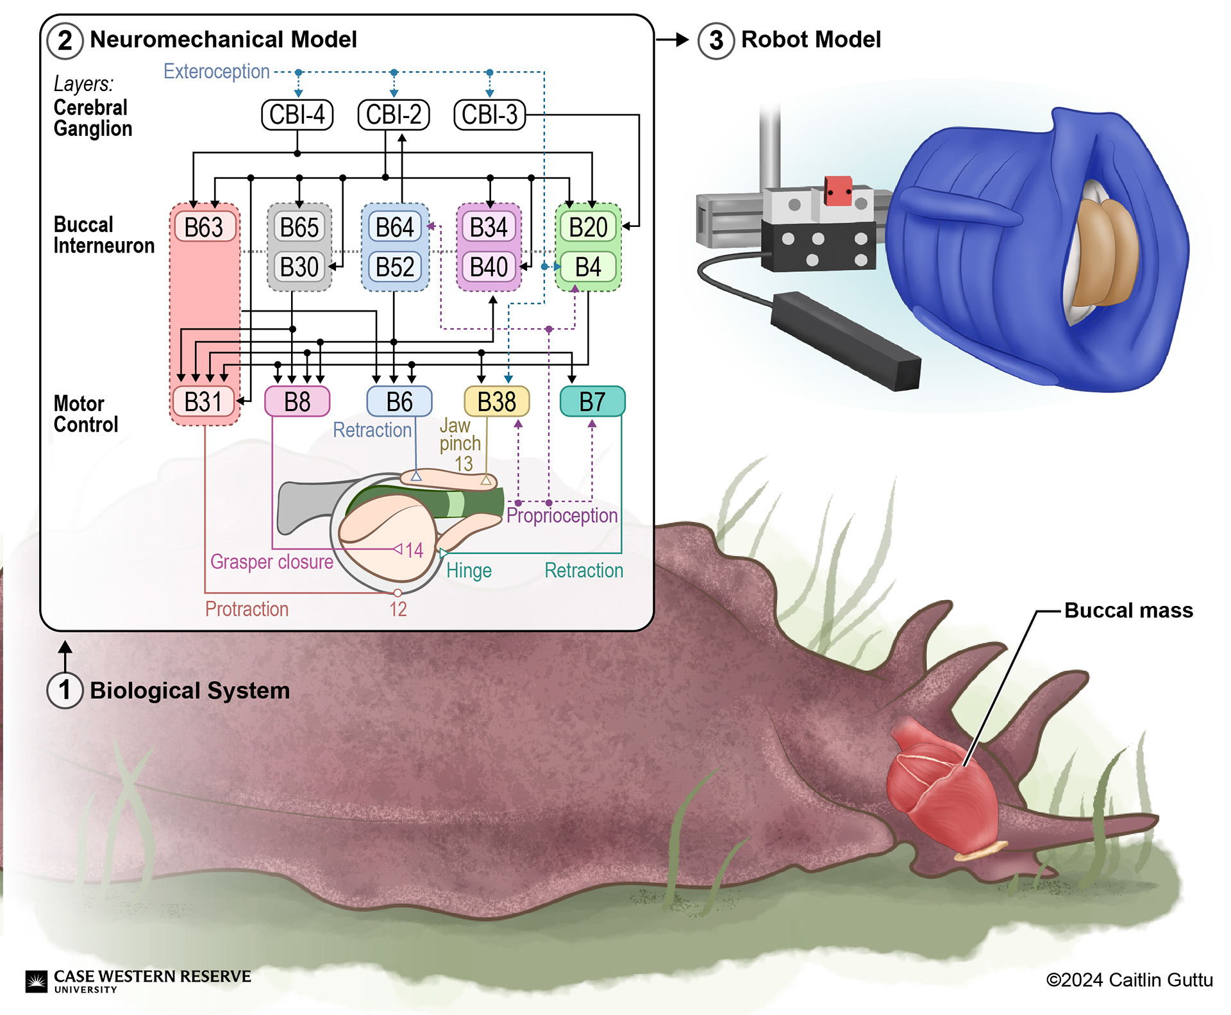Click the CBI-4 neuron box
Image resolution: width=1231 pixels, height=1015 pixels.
click(297, 115)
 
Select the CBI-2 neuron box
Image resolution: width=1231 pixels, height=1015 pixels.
click(394, 115)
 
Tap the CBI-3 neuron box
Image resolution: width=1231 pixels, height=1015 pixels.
click(490, 115)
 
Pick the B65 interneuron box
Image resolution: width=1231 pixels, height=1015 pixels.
click(299, 227)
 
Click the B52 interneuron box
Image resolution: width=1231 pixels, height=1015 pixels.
click(395, 267)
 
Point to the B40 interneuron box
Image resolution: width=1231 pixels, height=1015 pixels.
click(489, 267)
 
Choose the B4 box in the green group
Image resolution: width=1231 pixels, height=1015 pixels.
click(588, 267)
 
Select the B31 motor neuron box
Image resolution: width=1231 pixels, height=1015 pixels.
click(203, 402)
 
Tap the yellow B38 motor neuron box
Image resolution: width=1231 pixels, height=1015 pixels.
click(497, 402)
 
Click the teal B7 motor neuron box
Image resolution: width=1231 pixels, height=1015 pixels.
click(592, 401)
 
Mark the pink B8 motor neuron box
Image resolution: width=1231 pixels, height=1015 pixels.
click(297, 402)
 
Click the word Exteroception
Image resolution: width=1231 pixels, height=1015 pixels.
click(217, 71)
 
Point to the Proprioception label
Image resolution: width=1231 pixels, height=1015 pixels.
click(562, 516)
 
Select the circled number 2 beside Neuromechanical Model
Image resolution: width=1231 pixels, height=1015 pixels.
click(65, 40)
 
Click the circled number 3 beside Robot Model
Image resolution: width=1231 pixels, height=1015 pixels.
click(716, 40)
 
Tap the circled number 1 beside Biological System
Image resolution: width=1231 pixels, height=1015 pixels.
click(65, 691)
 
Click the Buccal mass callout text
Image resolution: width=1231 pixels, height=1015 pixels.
click(1128, 610)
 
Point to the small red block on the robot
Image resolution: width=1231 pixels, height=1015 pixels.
click(838, 190)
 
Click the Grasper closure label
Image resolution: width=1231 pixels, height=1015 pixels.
click(272, 562)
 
